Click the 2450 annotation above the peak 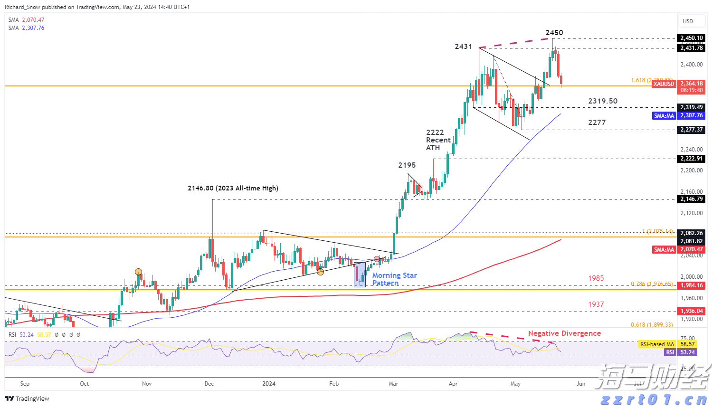(554, 33)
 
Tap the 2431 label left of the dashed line (463, 47)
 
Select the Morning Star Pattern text (394, 279)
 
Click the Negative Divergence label (564, 333)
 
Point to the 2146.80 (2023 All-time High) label (233, 188)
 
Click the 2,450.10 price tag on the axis (691, 38)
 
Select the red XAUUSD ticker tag (664, 84)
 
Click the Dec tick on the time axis (209, 384)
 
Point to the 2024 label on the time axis (269, 384)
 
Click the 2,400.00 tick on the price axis (691, 65)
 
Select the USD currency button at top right (688, 21)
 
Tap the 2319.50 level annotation (603, 101)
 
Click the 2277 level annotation (597, 123)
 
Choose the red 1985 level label (596, 278)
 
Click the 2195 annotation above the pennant (407, 165)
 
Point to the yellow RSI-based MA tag (657, 344)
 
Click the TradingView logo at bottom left (28, 399)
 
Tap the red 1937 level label (596, 304)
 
